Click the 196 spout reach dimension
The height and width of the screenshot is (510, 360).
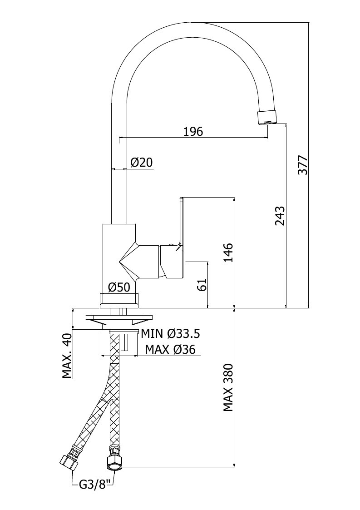click(x=193, y=131)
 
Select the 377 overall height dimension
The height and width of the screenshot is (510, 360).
click(x=303, y=165)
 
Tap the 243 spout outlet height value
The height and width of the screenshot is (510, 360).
click(x=280, y=216)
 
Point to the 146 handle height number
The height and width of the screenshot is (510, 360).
click(x=228, y=253)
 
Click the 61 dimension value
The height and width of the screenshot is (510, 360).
click(x=202, y=285)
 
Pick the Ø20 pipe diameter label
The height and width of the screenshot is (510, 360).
click(x=142, y=162)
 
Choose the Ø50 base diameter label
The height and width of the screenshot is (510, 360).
click(x=119, y=287)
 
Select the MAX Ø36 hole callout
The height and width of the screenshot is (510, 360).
click(x=170, y=349)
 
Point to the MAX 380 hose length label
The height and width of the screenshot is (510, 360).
click(x=228, y=388)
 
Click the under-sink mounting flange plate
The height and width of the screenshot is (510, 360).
click(x=119, y=318)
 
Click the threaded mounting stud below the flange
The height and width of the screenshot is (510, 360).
click(x=125, y=342)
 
